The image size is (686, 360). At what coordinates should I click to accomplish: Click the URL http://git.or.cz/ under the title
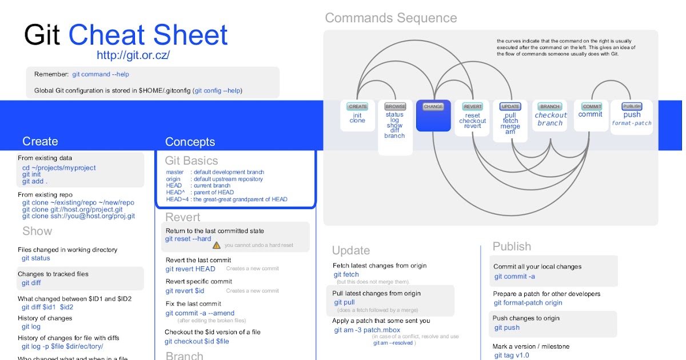tap(133, 55)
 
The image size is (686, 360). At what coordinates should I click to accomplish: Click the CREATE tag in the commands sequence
tap(358, 106)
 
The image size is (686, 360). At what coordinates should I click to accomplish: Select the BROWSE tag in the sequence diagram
tap(395, 106)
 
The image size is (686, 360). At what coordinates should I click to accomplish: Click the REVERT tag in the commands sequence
tap(472, 106)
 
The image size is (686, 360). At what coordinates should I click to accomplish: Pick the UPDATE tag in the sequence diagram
tap(510, 106)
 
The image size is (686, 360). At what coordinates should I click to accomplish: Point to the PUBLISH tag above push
tap(632, 106)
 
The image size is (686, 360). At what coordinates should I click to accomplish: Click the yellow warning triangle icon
tap(217, 245)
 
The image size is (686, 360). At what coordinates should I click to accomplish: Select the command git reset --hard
tap(188, 239)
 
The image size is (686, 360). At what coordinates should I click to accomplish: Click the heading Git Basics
tap(192, 161)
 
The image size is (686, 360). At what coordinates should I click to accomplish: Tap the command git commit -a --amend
tap(200, 313)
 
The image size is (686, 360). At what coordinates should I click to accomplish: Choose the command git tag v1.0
tap(512, 355)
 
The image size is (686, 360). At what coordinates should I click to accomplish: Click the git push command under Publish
tap(507, 327)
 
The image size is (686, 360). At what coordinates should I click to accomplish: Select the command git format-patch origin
tap(528, 303)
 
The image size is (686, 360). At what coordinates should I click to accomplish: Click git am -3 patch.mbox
tap(367, 330)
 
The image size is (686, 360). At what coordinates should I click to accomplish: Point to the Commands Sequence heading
tap(391, 18)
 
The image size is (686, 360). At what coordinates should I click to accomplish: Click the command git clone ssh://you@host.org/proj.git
tap(78, 216)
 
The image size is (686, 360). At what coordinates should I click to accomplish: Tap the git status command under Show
tap(36, 258)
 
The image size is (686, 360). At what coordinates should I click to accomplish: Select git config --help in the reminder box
tap(218, 90)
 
